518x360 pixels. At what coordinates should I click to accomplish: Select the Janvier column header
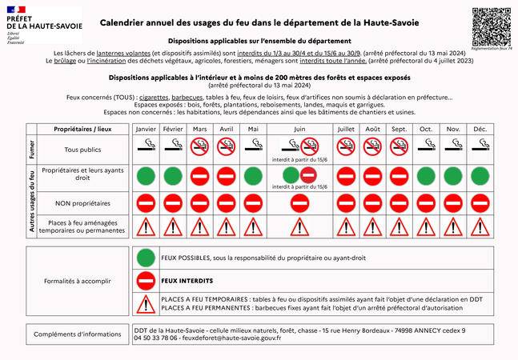tap(146, 129)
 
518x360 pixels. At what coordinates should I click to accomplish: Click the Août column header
tap(372, 129)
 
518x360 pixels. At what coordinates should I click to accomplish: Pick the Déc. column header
tap(480, 129)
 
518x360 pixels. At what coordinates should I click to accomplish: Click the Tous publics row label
tap(77, 150)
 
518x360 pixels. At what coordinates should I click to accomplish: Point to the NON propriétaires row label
tap(77, 202)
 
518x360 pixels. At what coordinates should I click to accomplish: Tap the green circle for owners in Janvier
tap(146, 176)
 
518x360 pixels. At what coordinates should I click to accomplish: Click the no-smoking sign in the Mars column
tap(200, 146)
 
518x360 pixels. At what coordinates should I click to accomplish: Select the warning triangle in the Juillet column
tap(346, 227)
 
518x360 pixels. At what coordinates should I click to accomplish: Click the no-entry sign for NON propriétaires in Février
tap(173, 202)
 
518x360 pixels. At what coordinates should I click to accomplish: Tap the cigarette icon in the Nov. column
tap(453, 146)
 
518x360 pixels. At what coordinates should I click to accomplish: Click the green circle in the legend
tap(145, 258)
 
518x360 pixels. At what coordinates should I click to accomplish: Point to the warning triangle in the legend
tap(145, 304)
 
